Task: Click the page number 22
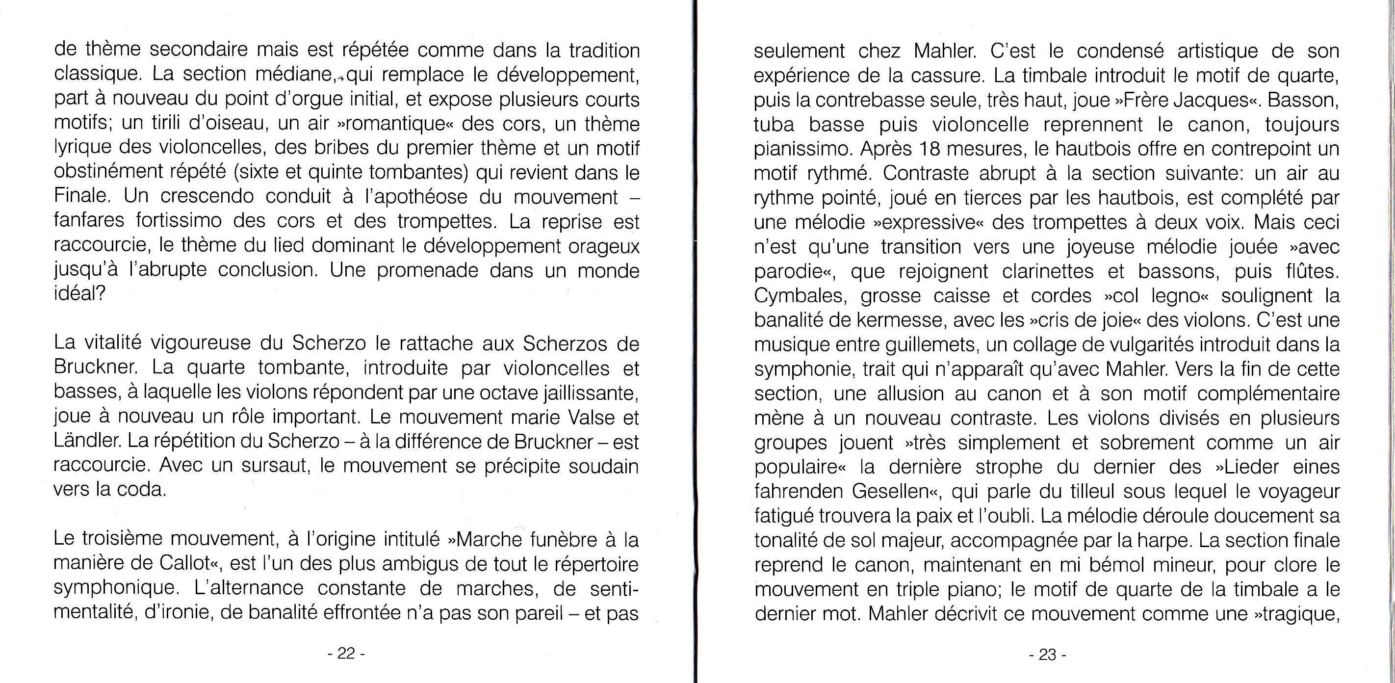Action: pyautogui.click(x=346, y=654)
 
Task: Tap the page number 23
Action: pyautogui.click(x=1047, y=655)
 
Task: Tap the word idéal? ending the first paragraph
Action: pyautogui.click(x=79, y=293)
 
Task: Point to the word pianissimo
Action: pyautogui.click(x=801, y=148)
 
